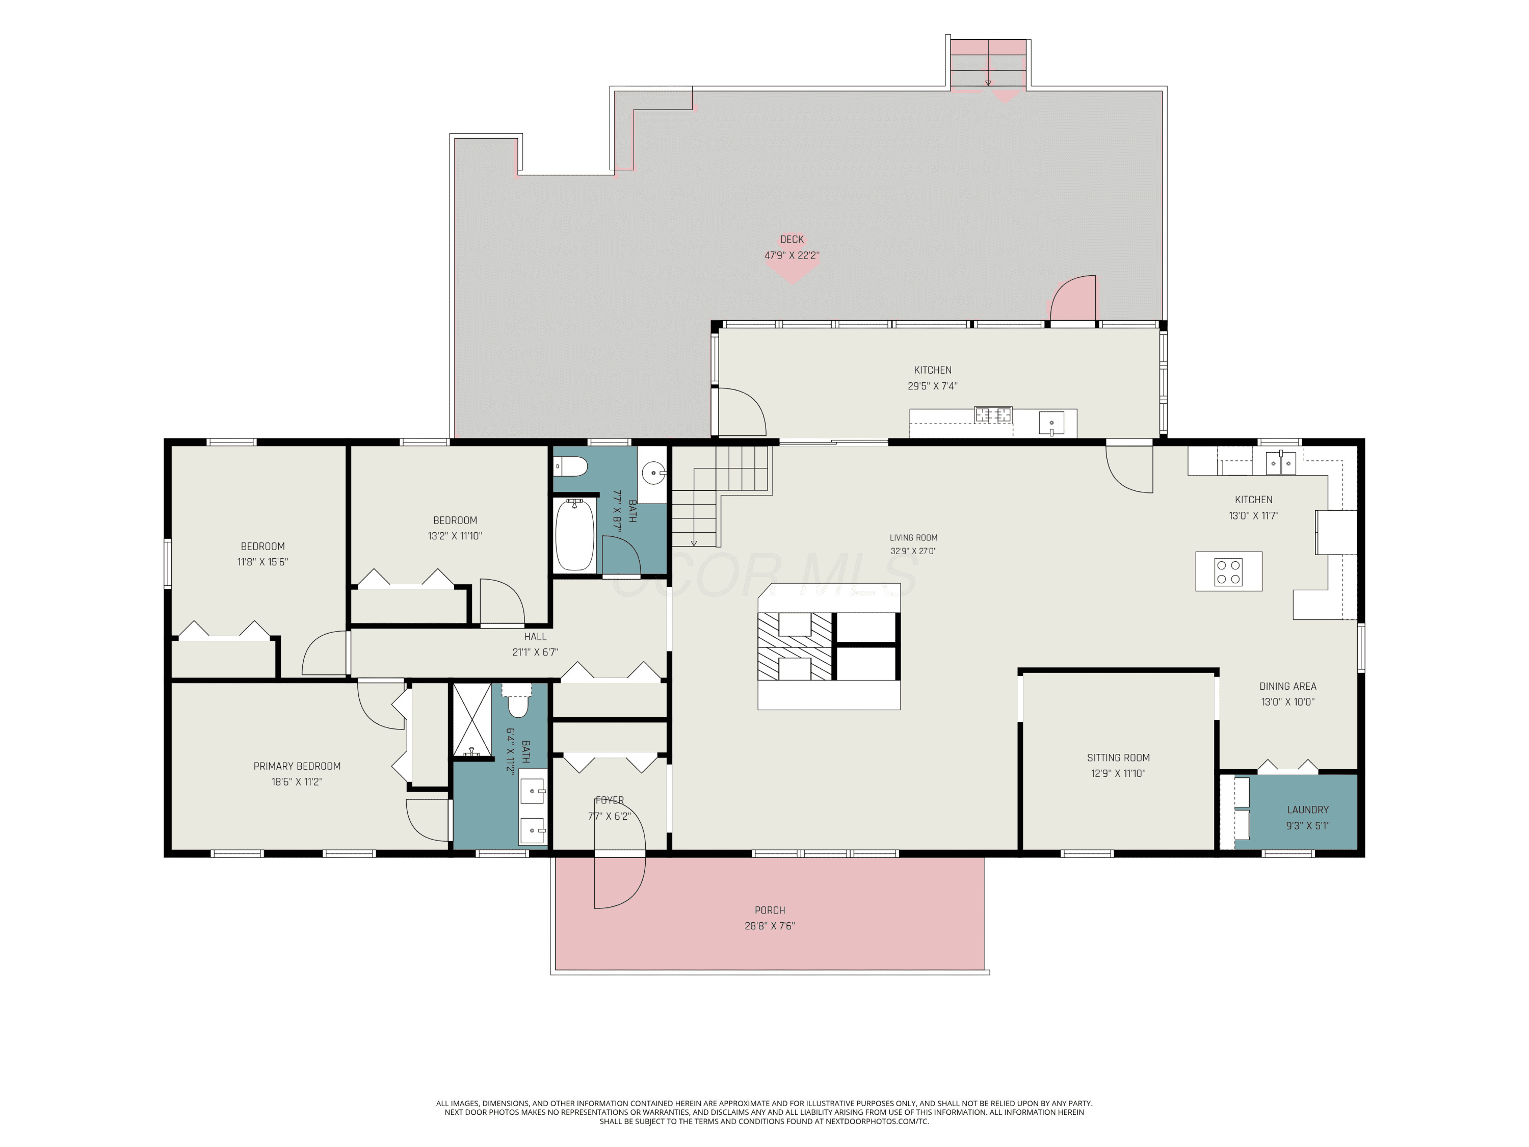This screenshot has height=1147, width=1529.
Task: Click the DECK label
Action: coord(792,239)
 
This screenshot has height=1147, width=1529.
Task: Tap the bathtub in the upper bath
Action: coord(574,534)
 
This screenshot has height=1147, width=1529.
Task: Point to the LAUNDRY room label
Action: coord(1307,810)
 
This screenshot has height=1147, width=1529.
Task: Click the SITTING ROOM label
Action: coord(1118,758)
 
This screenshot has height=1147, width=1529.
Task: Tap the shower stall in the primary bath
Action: coord(472,720)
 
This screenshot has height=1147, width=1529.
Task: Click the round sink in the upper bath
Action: coord(653,474)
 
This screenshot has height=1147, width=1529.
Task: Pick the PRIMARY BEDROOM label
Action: coord(297,766)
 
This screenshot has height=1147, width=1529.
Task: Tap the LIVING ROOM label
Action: coord(913,537)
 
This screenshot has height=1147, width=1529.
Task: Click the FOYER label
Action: coord(609,800)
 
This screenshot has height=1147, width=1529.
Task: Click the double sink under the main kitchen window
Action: coord(1280,462)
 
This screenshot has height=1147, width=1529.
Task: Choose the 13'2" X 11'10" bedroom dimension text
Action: coord(454,536)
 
